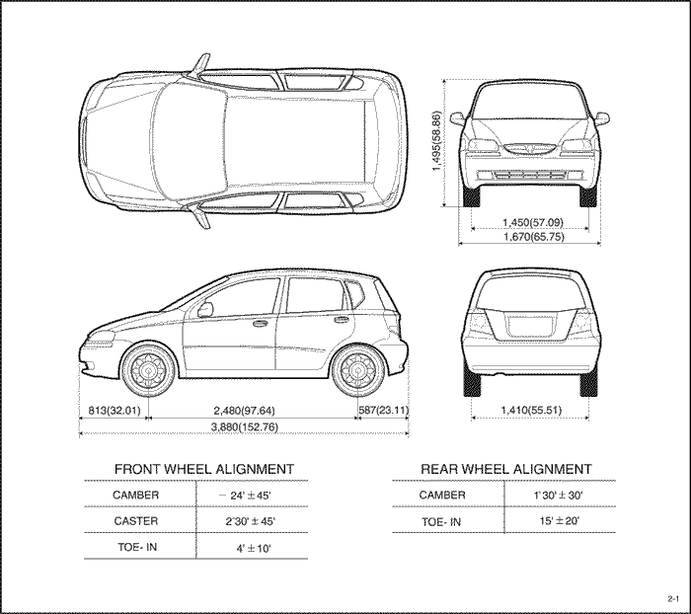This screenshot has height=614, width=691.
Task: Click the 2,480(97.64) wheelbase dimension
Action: pyautogui.click(x=244, y=411)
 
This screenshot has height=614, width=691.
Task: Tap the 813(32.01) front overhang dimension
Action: pyautogui.click(x=115, y=411)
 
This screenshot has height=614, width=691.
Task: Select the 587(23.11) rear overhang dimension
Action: pyautogui.click(x=383, y=411)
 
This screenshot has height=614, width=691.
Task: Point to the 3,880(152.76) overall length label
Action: pyautogui.click(x=245, y=427)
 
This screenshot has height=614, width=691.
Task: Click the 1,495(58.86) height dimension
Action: pyautogui.click(x=436, y=141)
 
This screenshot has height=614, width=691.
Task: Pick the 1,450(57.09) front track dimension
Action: pyautogui.click(x=533, y=222)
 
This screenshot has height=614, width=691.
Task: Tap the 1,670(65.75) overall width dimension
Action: pyautogui.click(x=534, y=237)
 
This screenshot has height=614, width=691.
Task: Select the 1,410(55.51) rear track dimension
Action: pyautogui.click(x=531, y=411)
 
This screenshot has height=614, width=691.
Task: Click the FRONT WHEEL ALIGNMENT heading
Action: pyautogui.click(x=204, y=469)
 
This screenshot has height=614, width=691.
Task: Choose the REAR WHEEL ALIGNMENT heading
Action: pyautogui.click(x=505, y=469)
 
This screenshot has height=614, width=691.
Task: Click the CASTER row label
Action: pyautogui.click(x=136, y=521)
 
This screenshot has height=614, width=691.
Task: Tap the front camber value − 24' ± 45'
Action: pyautogui.click(x=245, y=496)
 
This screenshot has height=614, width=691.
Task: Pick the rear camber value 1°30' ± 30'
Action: pyautogui.click(x=558, y=495)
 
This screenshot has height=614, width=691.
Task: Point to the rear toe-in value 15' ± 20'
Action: pyautogui.click(x=560, y=521)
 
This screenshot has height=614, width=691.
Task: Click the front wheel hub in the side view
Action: pyautogui.click(x=148, y=370)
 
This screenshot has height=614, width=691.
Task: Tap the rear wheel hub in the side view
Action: pyautogui.click(x=358, y=370)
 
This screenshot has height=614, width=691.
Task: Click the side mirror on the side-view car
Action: pyautogui.click(x=205, y=309)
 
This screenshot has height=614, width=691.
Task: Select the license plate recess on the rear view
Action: pyautogui.click(x=530, y=327)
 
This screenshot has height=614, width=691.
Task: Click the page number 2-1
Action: pyautogui.click(x=673, y=598)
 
